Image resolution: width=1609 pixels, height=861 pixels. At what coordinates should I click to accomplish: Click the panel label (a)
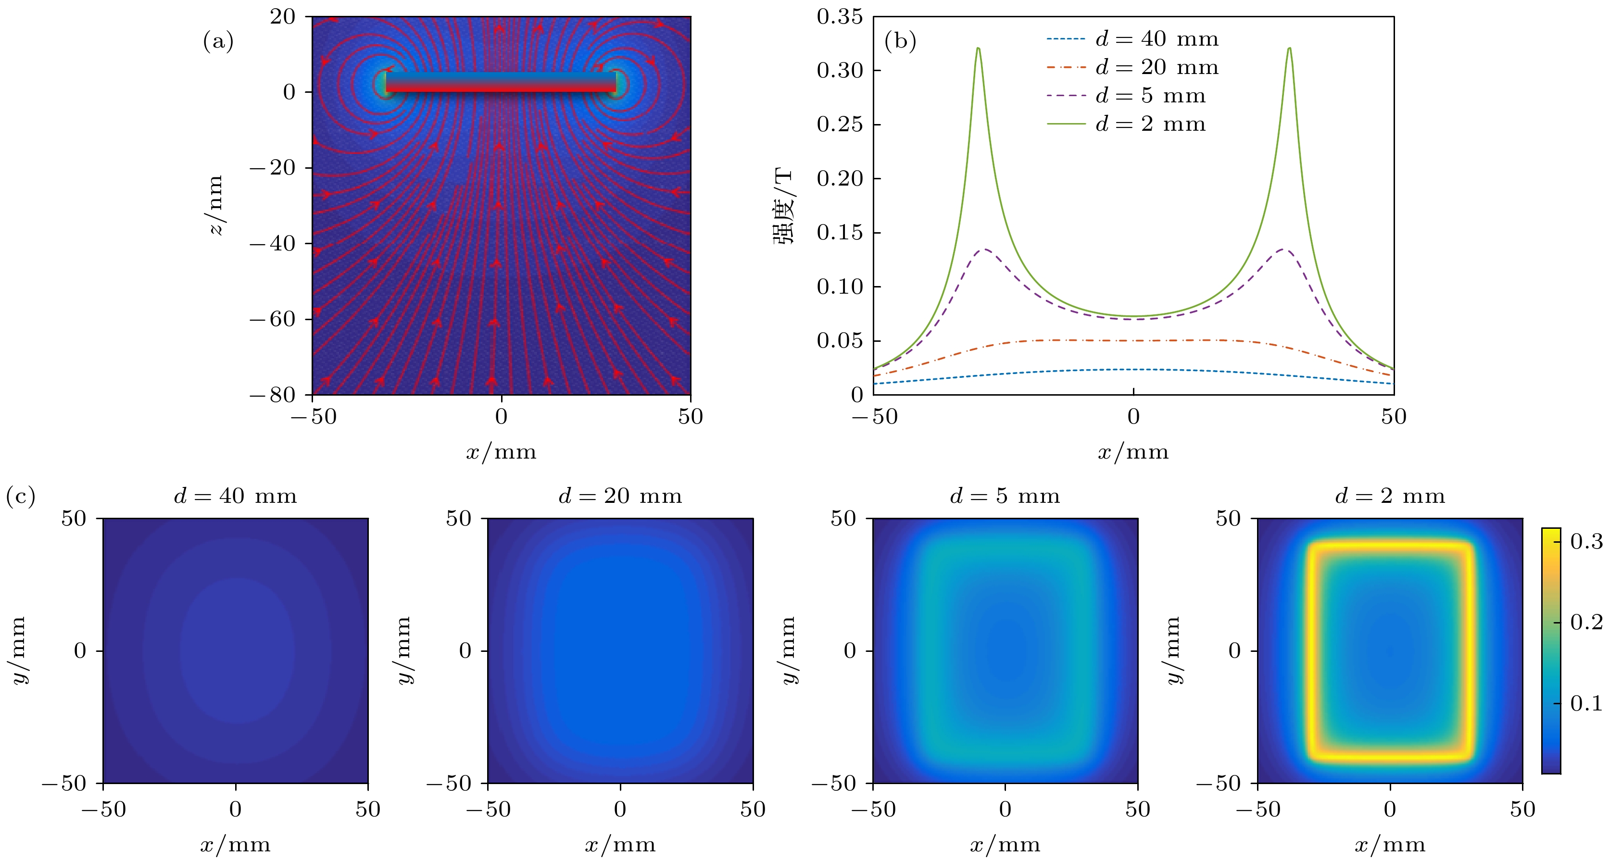[218, 42]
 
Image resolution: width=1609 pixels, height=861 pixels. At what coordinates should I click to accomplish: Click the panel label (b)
[900, 42]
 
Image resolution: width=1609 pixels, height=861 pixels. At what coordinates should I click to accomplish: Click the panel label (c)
[20, 497]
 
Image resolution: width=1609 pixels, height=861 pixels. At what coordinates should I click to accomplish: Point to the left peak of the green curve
[978, 49]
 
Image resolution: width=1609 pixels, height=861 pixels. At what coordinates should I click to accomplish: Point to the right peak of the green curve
[1289, 49]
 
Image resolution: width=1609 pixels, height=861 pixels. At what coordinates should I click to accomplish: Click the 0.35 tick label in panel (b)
[840, 17]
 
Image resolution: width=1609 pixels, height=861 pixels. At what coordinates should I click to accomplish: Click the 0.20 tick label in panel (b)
[840, 178]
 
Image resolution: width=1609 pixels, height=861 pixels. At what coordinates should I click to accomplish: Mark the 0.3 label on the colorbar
[1586, 541]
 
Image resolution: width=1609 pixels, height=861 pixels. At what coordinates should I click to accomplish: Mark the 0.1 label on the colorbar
[1586, 704]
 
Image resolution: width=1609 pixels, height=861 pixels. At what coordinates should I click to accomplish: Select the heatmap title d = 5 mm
[1005, 497]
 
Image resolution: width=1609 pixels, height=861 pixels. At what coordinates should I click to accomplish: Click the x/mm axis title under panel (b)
[1133, 452]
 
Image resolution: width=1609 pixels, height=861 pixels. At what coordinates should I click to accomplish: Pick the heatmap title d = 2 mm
[1390, 497]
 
